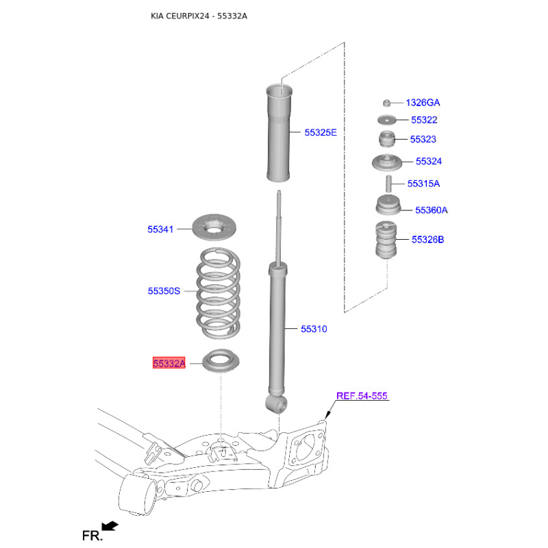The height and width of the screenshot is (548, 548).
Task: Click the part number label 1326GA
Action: [x=423, y=103]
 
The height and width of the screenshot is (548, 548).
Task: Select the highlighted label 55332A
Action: [x=169, y=363]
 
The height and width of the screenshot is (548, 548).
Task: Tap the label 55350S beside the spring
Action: [x=164, y=290]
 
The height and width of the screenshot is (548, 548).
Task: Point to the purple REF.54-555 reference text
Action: [x=362, y=396]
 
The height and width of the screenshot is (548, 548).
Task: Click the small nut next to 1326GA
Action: [x=386, y=103]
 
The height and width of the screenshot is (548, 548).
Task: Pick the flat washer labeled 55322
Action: [x=386, y=120]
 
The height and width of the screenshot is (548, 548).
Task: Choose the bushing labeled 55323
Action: [x=387, y=139]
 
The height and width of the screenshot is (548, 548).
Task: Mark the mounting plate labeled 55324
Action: [x=387, y=162]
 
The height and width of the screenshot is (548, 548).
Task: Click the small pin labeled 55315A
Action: [x=388, y=184]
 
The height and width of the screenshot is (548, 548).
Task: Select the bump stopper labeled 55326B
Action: [x=386, y=240]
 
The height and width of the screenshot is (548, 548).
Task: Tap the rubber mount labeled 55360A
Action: [x=388, y=205]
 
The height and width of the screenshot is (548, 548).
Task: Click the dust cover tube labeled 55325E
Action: [x=279, y=133]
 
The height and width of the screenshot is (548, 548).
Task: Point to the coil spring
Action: [x=219, y=293]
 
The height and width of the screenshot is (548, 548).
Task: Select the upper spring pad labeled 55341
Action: [x=214, y=227]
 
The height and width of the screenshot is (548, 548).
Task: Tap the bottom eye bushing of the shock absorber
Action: [x=276, y=404]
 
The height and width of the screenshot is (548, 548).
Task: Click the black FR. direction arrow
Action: [x=110, y=525]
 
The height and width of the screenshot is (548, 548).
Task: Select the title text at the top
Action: [x=199, y=16]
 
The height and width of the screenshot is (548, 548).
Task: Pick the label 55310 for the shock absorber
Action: [x=314, y=329]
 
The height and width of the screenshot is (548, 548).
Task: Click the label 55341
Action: [x=160, y=229]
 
